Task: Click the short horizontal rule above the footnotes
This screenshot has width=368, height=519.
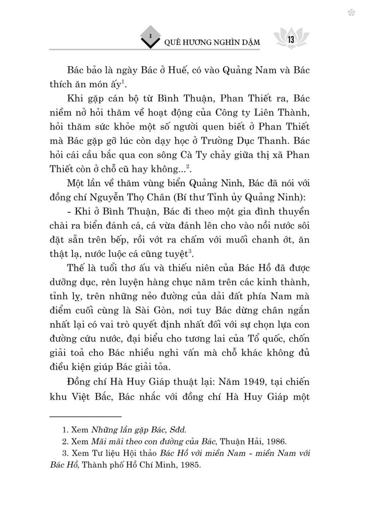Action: coord(85,417)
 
